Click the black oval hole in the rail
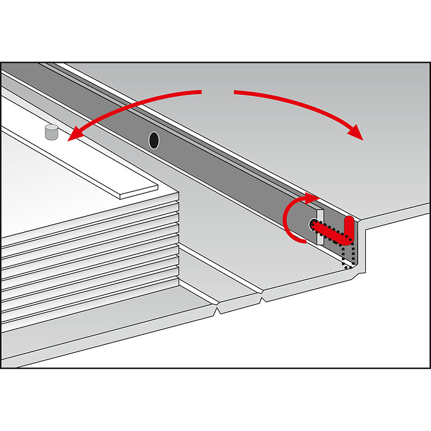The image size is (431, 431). (x=154, y=140)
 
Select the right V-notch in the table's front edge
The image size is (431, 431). (x=264, y=299)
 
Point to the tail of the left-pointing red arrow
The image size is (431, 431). (x=200, y=92)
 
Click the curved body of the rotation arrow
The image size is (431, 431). (x=287, y=222)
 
